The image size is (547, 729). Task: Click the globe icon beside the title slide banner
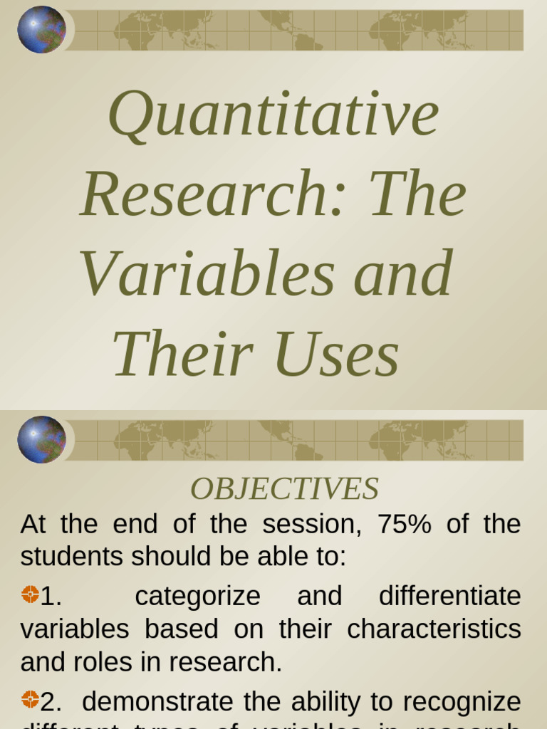[41, 30]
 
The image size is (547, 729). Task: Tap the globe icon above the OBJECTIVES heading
[41, 440]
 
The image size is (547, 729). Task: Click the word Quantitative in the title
[273, 114]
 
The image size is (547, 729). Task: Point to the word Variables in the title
[207, 273]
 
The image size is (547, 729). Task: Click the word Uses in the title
[336, 355]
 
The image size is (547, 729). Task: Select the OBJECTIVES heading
[284, 489]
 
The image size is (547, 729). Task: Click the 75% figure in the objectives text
[405, 525]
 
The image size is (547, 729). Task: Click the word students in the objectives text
[64, 557]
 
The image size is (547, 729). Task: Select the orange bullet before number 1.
[30, 594]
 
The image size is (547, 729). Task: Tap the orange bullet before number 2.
[30, 699]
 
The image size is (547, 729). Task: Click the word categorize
[197, 597]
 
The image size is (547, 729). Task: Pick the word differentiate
[449, 596]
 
